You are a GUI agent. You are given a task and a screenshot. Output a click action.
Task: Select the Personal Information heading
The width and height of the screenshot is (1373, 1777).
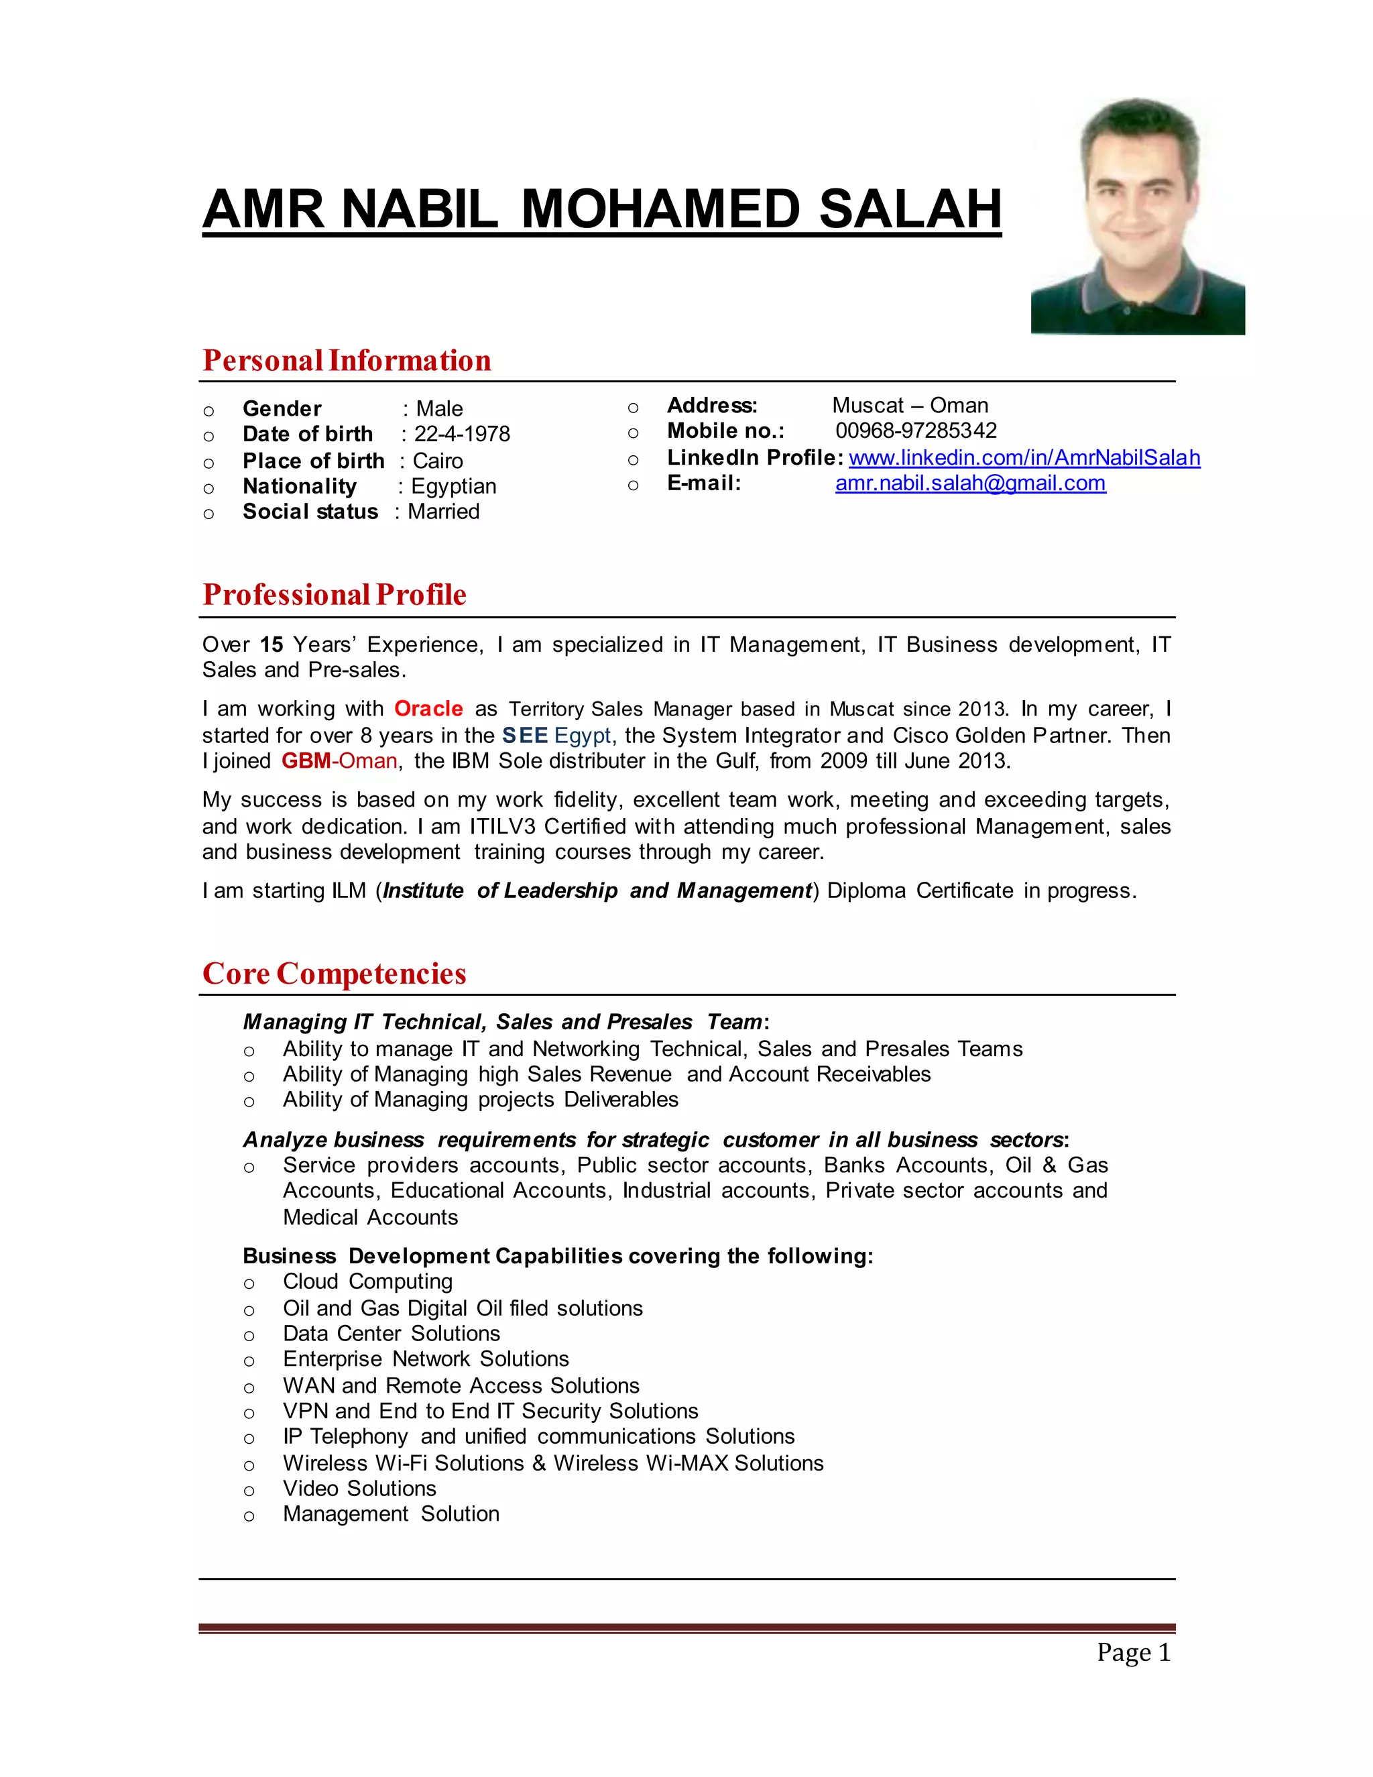pyautogui.click(x=347, y=361)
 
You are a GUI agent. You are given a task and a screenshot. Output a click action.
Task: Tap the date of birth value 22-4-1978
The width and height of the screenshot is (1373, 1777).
pyautogui.click(x=461, y=435)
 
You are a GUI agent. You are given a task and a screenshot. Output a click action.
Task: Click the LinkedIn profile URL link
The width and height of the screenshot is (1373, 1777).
pyautogui.click(x=1024, y=458)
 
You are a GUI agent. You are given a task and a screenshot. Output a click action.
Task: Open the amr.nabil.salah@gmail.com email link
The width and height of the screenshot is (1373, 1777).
pyautogui.click(x=969, y=483)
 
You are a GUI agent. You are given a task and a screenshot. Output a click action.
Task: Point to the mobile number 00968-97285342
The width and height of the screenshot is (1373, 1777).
pyautogui.click(x=915, y=431)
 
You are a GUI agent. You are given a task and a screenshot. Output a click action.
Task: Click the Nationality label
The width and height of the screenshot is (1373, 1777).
pyautogui.click(x=299, y=487)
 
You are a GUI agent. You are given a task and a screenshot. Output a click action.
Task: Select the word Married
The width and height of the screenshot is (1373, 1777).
pyautogui.click(x=443, y=512)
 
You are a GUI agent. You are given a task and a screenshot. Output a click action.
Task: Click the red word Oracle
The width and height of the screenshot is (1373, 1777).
pyautogui.click(x=428, y=709)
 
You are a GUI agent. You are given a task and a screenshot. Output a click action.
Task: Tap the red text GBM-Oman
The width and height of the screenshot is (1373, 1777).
pyautogui.click(x=339, y=761)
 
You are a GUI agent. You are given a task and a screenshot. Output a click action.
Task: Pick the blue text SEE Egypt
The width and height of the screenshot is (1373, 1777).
pyautogui.click(x=556, y=736)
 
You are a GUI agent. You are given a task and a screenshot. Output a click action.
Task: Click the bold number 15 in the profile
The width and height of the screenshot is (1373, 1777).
pyautogui.click(x=271, y=644)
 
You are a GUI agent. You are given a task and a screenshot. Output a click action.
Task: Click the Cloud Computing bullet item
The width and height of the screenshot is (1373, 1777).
pyautogui.click(x=367, y=1281)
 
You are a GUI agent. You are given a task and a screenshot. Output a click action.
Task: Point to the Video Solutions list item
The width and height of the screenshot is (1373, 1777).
pyautogui.click(x=359, y=1488)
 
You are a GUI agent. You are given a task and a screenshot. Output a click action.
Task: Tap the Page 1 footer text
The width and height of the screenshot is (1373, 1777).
pyautogui.click(x=1132, y=1652)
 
